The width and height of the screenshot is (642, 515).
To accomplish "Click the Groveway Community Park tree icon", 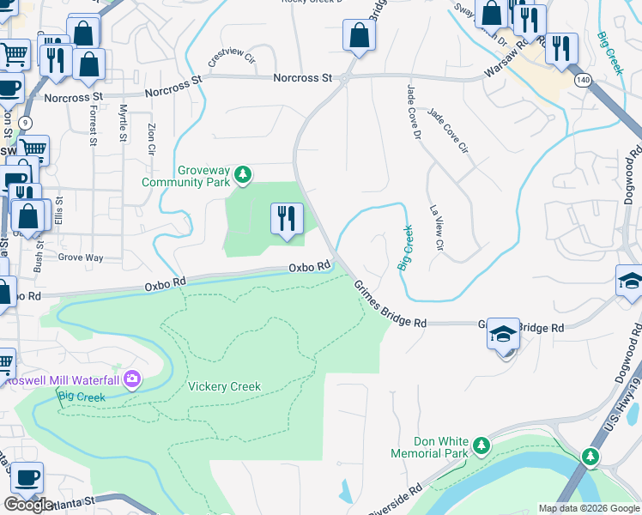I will [x=245, y=175].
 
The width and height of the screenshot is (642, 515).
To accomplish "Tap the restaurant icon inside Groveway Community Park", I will [x=287, y=219].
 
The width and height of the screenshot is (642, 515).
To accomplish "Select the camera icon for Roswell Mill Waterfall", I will [x=131, y=379].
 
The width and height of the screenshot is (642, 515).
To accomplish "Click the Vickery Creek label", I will [x=224, y=387].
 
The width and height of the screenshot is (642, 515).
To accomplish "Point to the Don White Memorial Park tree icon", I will [x=481, y=445].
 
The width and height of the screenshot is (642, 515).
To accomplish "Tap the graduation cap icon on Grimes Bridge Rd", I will [x=504, y=334].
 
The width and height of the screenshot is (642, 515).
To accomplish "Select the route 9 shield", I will [x=26, y=123].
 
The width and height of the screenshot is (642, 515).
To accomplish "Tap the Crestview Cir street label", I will [x=231, y=58].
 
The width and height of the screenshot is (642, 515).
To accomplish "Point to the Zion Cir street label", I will [x=151, y=137].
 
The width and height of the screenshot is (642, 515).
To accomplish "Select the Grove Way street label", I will [x=81, y=257].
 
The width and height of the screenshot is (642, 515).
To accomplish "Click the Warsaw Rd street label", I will [x=507, y=66].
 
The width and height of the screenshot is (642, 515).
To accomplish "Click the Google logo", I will [x=28, y=505].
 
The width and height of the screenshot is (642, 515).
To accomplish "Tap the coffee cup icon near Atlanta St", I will [x=25, y=477].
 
